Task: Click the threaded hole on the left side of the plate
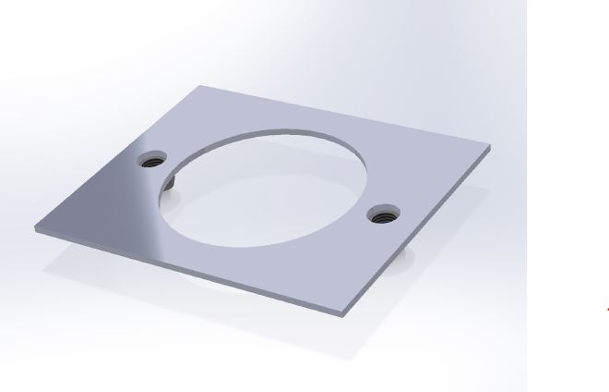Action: click(154, 160)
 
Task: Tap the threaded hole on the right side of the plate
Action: click(380, 215)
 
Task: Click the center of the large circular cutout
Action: click(266, 187)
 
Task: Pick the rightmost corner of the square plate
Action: click(490, 146)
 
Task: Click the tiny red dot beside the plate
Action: click(606, 309)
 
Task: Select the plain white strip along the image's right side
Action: click(567, 185)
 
